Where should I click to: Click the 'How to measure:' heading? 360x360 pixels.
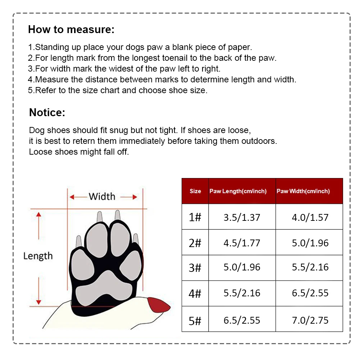coord(71,29)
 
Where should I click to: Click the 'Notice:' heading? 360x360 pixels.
coord(47,113)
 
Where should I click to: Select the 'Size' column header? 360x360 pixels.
coord(195,191)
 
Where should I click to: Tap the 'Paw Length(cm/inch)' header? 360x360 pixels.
coord(238,191)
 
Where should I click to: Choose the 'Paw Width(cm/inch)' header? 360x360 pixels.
coord(303,191)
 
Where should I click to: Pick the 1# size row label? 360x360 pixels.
coord(195,217)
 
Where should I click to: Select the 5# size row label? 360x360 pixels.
coord(195,320)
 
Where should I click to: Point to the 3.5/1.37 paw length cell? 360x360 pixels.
coord(242,217)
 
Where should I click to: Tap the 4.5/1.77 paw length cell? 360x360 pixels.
coord(242,243)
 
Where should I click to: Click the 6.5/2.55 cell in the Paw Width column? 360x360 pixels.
coord(310,293)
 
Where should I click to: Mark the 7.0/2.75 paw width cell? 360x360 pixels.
coord(310,320)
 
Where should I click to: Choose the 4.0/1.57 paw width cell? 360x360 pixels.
coord(310,217)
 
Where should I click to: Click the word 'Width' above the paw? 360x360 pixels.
coord(102,196)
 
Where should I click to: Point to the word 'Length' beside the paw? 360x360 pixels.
coord(38,256)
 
